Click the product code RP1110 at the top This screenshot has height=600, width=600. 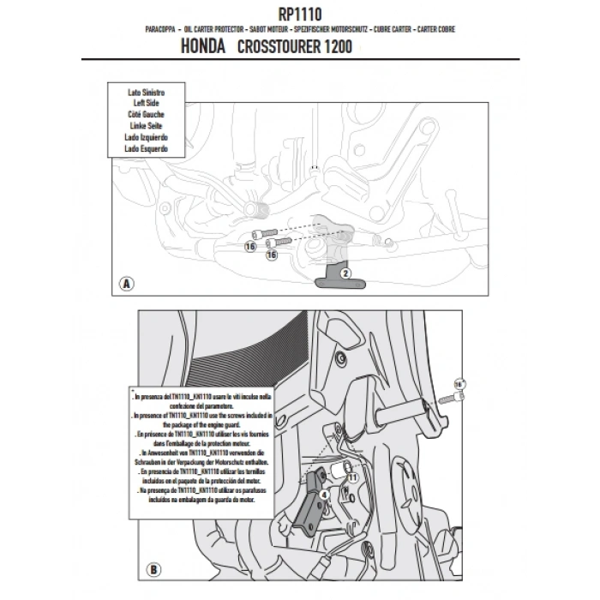(300, 13)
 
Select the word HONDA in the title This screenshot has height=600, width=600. (205, 48)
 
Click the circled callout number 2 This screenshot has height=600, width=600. (345, 273)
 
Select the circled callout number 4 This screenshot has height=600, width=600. (325, 495)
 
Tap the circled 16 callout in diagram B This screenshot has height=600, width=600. (459, 383)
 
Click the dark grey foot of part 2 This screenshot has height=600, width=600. (328, 279)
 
